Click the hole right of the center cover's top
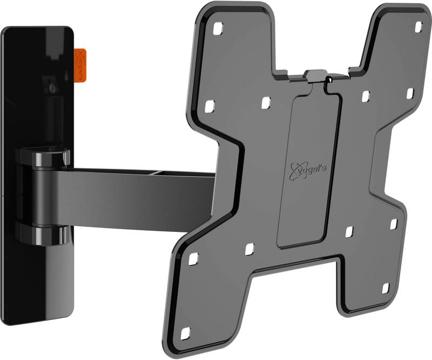pyautogui.click(x=366, y=96)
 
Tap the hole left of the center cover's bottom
pyautogui.click(x=249, y=250)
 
